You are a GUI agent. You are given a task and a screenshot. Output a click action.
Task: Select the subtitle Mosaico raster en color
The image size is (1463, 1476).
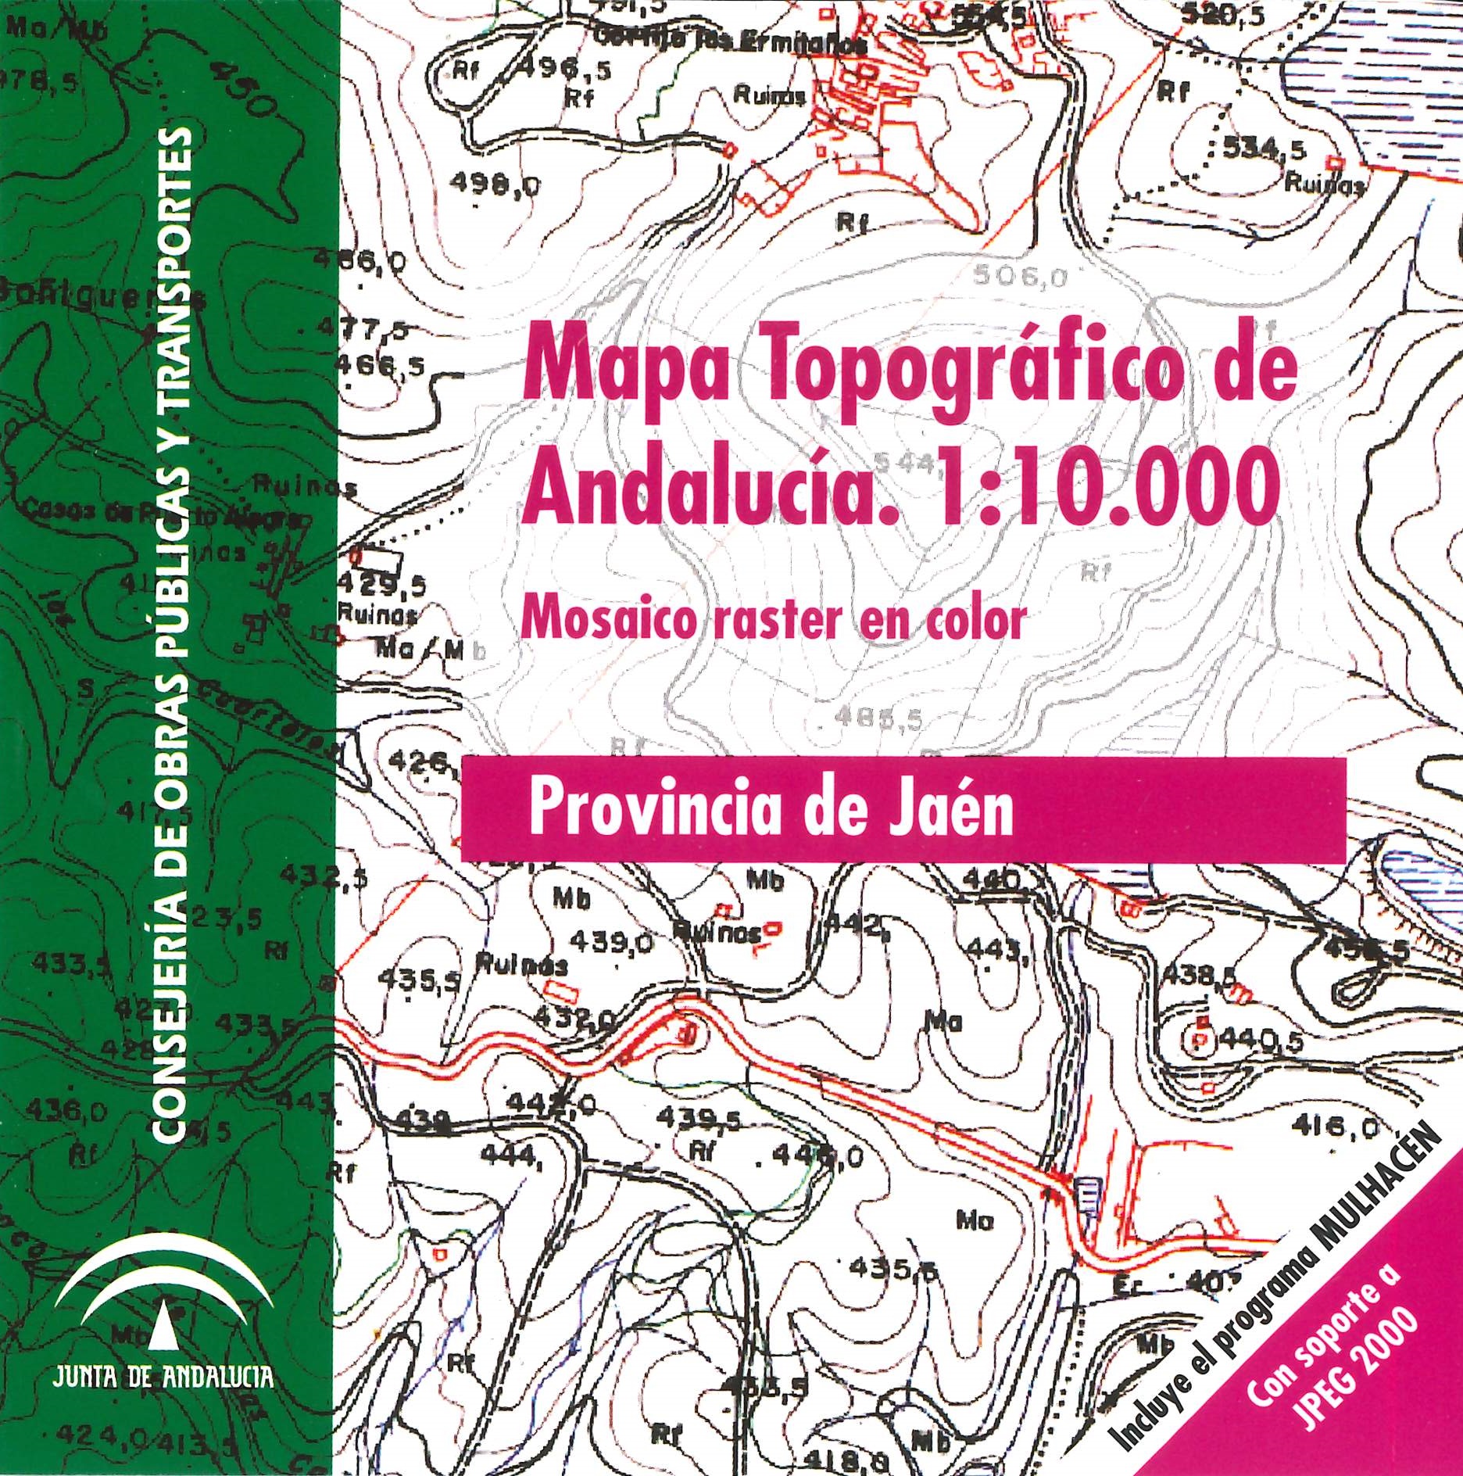(772, 621)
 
